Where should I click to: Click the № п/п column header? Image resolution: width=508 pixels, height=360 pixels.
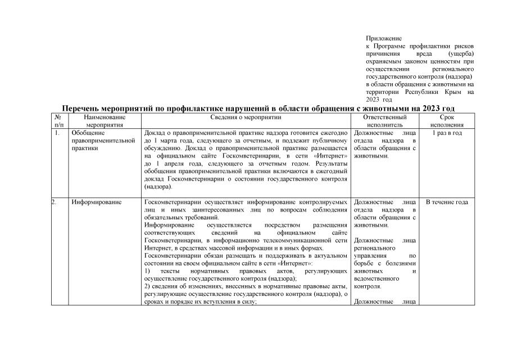(x=59, y=121)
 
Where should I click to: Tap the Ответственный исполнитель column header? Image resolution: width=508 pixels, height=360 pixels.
(x=384, y=121)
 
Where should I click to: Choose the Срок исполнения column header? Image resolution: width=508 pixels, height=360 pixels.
(x=447, y=121)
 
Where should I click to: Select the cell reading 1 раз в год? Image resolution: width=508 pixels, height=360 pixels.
(x=447, y=133)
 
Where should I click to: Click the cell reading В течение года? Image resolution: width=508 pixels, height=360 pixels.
(x=447, y=202)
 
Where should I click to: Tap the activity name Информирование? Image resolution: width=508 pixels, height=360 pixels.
(x=97, y=202)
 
